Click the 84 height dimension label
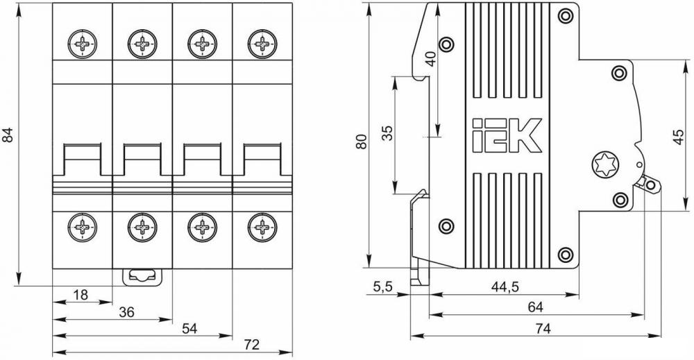pyautogui.click(x=8, y=135)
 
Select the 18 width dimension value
pyautogui.click(x=81, y=295)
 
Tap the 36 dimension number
pyautogui.click(x=126, y=312)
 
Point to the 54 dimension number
pyautogui.click(x=189, y=328)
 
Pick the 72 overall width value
pyautogui.click(x=251, y=345)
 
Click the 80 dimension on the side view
pyautogui.click(x=362, y=141)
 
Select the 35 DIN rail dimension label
pyautogui.click(x=387, y=133)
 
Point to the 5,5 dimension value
pyautogui.click(x=383, y=287)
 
